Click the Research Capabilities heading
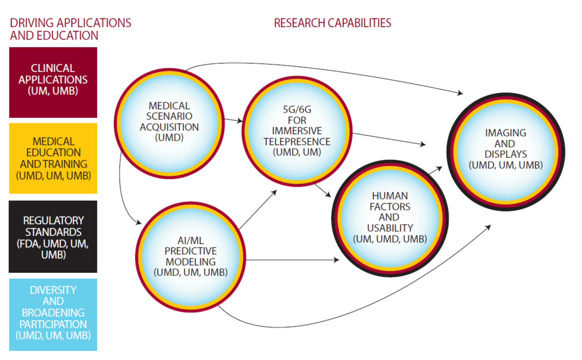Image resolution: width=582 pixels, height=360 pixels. pyautogui.click(x=332, y=23)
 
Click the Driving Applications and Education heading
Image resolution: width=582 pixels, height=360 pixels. pyautogui.click(x=71, y=29)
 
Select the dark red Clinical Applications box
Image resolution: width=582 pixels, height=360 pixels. pyautogui.click(x=53, y=82)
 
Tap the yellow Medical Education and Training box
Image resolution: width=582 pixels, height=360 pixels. pyautogui.click(x=53, y=158)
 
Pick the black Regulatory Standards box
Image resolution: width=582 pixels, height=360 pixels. pyautogui.click(x=53, y=237)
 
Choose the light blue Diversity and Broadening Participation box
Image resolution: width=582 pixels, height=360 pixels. pyautogui.click(x=53, y=314)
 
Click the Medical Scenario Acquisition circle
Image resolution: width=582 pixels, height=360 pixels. pyautogui.click(x=169, y=123)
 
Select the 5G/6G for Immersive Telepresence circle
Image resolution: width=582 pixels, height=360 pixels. pyautogui.click(x=297, y=131)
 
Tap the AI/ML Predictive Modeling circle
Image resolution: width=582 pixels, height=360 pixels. pyautogui.click(x=191, y=257)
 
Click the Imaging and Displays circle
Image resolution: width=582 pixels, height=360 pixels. pyautogui.click(x=505, y=152)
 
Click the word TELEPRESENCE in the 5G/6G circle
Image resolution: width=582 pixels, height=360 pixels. pyautogui.click(x=297, y=142)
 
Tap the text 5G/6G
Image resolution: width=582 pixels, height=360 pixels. pyautogui.click(x=297, y=109)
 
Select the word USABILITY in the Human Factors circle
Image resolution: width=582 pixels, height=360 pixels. pyautogui.click(x=390, y=228)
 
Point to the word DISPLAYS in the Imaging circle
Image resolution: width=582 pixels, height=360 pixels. pyautogui.click(x=505, y=154)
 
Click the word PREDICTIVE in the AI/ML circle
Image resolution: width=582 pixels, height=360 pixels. pyautogui.click(x=191, y=251)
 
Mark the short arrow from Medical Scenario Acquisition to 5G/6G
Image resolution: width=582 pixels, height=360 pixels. pyautogui.click(x=233, y=120)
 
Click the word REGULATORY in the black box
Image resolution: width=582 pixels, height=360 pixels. pyautogui.click(x=53, y=221)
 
